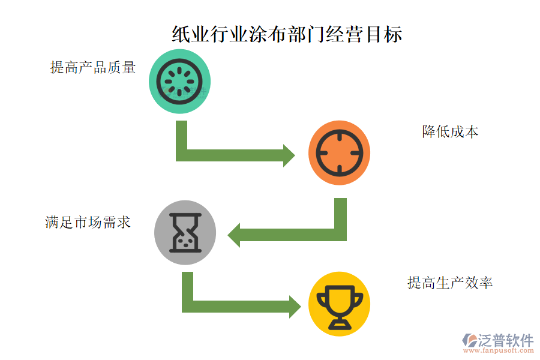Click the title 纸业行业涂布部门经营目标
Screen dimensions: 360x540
(x=287, y=34)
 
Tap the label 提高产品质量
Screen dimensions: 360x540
(x=93, y=67)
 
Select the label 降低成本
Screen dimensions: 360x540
(x=450, y=132)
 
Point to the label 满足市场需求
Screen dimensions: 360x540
(x=88, y=222)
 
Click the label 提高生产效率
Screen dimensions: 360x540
(x=450, y=282)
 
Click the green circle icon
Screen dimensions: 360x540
(x=180, y=82)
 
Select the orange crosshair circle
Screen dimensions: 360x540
(x=339, y=152)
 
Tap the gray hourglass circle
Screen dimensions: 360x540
(x=185, y=232)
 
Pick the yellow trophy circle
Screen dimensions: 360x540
(x=339, y=304)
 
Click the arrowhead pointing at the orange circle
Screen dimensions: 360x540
(x=289, y=155)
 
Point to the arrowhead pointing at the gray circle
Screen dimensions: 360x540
(x=235, y=235)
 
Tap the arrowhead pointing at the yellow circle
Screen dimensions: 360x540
(x=294, y=306)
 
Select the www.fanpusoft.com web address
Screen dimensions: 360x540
(x=497, y=352)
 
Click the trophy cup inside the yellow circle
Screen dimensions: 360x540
(x=339, y=305)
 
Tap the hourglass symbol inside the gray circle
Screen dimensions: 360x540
(x=185, y=233)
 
